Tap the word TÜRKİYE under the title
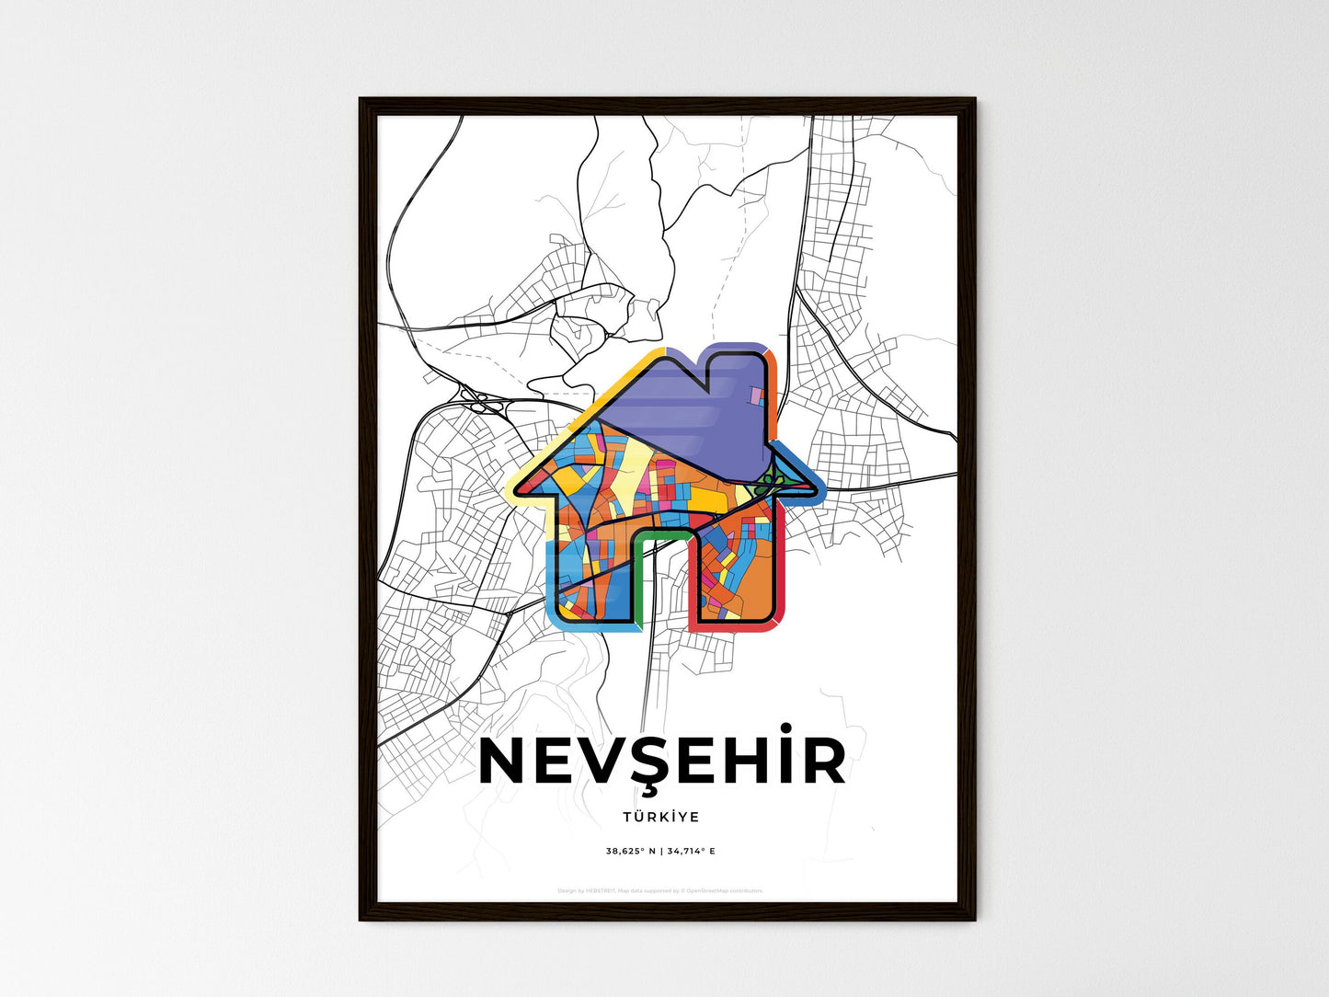(x=660, y=817)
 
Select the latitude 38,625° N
(x=630, y=851)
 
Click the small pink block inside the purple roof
(x=757, y=396)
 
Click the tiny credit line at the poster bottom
(x=660, y=890)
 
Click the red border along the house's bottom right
(x=783, y=589)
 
